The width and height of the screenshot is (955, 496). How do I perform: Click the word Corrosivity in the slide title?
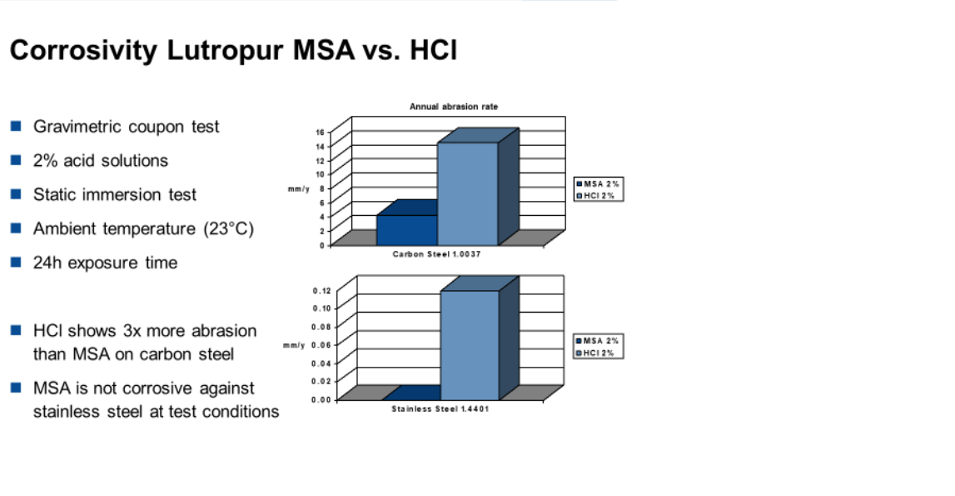coord(83,51)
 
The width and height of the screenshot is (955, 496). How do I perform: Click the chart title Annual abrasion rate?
coord(454,107)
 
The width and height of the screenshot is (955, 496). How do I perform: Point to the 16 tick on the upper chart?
coord(321,132)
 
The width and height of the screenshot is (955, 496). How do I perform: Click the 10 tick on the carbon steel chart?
coord(321,174)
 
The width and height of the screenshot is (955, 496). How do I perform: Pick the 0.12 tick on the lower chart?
coord(321,290)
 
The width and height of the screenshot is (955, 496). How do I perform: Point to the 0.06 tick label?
coord(321,345)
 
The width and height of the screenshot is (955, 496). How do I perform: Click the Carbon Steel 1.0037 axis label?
coord(436,254)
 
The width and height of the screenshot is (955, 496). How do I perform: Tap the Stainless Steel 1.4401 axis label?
coord(440,409)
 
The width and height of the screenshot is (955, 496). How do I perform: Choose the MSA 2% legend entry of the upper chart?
coord(598,183)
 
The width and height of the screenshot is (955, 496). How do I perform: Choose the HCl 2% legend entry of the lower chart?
coord(595,353)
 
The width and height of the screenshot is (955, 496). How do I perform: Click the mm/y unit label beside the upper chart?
coord(298,189)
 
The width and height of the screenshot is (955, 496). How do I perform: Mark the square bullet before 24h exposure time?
coord(16,263)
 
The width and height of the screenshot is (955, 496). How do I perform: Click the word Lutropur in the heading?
coord(225,51)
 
